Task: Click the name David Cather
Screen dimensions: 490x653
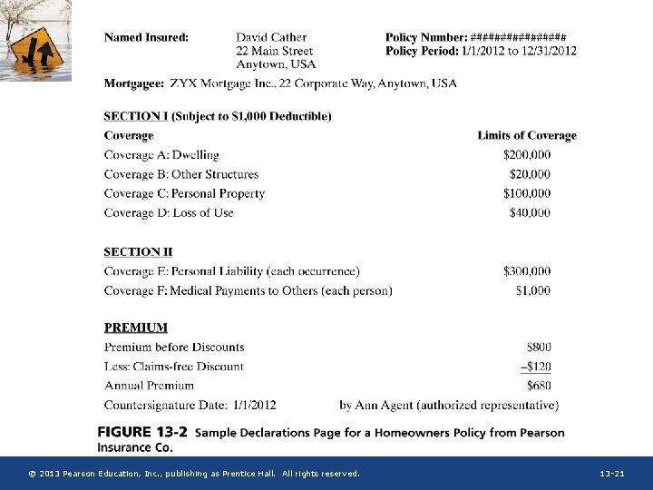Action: pos(271,37)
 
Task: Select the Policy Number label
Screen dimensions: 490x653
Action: pos(425,37)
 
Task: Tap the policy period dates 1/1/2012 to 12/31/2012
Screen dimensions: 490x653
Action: pos(519,51)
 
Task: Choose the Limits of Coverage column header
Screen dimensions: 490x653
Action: pos(527,135)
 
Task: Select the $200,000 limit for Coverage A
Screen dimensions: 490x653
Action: pos(527,155)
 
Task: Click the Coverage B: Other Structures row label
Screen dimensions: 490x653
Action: pos(180,174)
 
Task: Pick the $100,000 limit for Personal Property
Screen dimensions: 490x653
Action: pos(527,193)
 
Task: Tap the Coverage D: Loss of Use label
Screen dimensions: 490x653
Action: pos(169,212)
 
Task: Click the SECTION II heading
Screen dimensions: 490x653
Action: pos(138,251)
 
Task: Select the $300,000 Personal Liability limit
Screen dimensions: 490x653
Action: pos(527,271)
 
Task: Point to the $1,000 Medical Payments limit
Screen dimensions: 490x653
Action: pos(533,290)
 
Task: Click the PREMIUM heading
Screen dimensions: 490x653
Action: pos(135,328)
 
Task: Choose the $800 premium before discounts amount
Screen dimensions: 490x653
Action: pos(539,347)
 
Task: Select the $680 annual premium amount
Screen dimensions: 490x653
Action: pos(539,386)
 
